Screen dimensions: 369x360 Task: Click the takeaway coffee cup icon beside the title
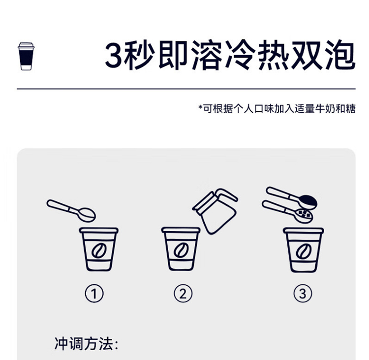click(x=26, y=56)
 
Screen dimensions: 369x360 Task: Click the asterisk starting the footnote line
click(x=201, y=107)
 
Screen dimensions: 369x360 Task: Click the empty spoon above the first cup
click(x=71, y=210)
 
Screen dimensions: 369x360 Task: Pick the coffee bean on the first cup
click(x=99, y=251)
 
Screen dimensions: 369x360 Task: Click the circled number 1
click(x=94, y=294)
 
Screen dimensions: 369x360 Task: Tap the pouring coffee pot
click(x=215, y=211)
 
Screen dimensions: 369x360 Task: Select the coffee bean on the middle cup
click(x=181, y=251)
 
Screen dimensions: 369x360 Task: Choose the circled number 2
click(x=183, y=294)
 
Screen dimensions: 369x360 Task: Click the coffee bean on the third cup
click(x=304, y=251)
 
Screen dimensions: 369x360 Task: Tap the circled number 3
click(x=303, y=294)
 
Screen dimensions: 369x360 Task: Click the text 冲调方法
click(x=84, y=344)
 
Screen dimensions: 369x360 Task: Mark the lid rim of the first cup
click(x=99, y=230)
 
